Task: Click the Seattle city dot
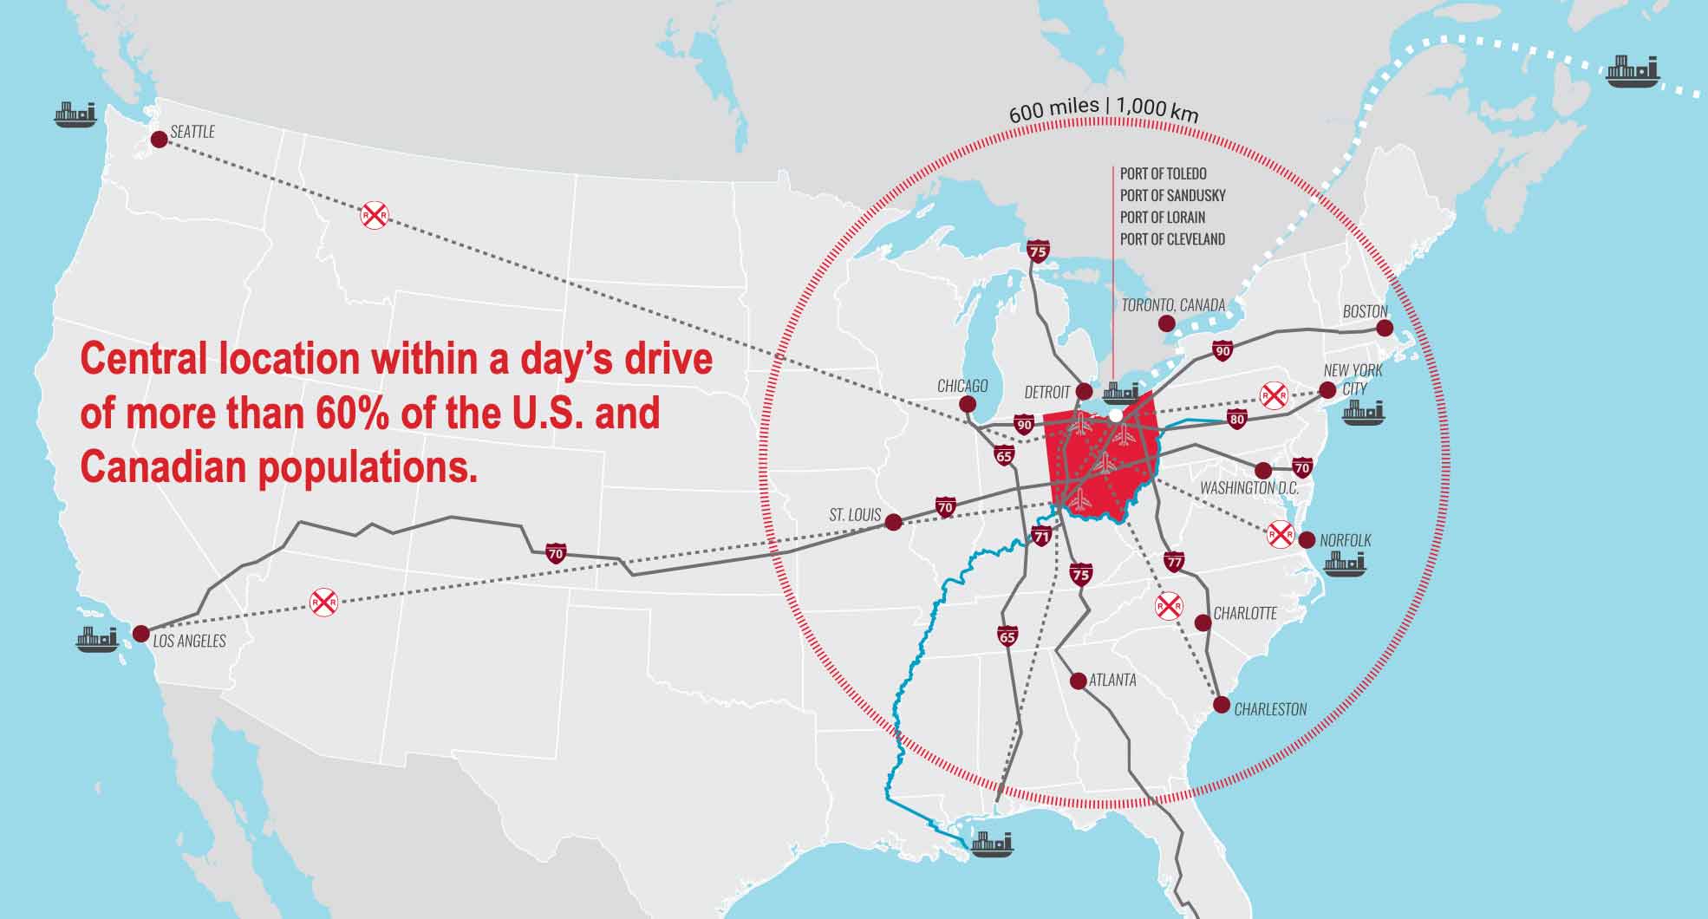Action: pyautogui.click(x=159, y=140)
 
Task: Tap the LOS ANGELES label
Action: pyautogui.click(x=189, y=642)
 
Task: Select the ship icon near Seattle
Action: pyautogui.click(x=75, y=114)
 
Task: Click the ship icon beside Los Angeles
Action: pyautogui.click(x=96, y=639)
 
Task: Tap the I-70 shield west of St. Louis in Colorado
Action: pyautogui.click(x=556, y=552)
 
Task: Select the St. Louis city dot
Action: pyautogui.click(x=894, y=522)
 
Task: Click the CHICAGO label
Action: pyautogui.click(x=962, y=386)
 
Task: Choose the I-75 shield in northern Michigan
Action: pyautogui.click(x=1037, y=251)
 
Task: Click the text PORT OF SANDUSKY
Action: pyautogui.click(x=1172, y=196)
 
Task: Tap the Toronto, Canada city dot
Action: pyautogui.click(x=1166, y=323)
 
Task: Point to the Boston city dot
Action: pyautogui.click(x=1385, y=328)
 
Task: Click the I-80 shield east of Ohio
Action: pyautogui.click(x=1237, y=420)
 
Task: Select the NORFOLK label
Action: pyautogui.click(x=1346, y=541)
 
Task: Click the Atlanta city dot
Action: pyautogui.click(x=1079, y=681)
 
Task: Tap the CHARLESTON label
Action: pyautogui.click(x=1270, y=710)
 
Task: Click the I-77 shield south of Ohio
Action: pyautogui.click(x=1174, y=561)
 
